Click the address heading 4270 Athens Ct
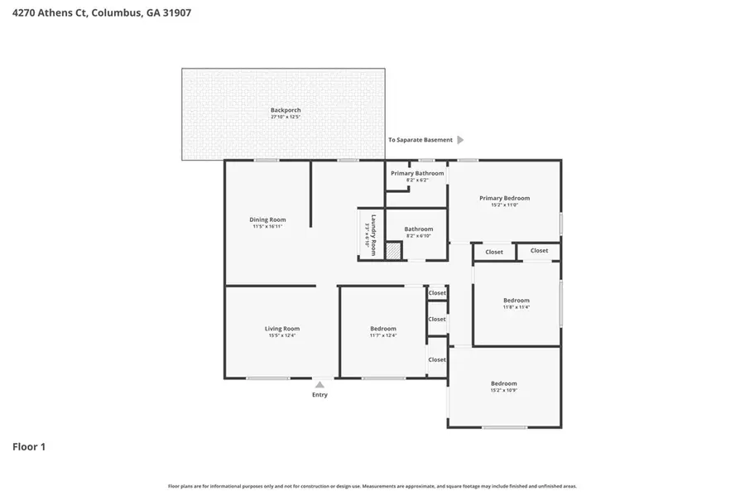coord(102,13)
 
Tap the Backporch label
coord(285,110)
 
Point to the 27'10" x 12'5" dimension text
coord(285,118)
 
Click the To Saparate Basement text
coord(421,140)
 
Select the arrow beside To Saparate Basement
coord(460,140)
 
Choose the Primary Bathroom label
coord(417,173)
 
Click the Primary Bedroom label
coord(504,198)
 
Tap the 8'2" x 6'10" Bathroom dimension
coord(418,236)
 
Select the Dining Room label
coord(267,219)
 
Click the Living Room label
coord(281,329)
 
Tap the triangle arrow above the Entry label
coord(320,384)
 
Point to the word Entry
coord(320,395)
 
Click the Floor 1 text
coord(29,447)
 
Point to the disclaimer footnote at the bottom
coord(372,486)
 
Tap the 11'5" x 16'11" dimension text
coord(267,227)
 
